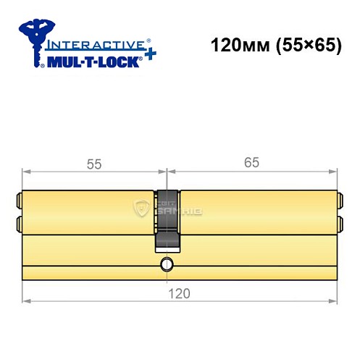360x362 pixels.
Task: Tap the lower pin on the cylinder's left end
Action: pyautogui.click(x=18, y=222)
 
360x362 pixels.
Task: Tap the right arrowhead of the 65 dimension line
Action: pyautogui.click(x=333, y=172)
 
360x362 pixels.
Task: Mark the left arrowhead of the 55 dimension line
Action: pyautogui.click(x=27, y=172)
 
